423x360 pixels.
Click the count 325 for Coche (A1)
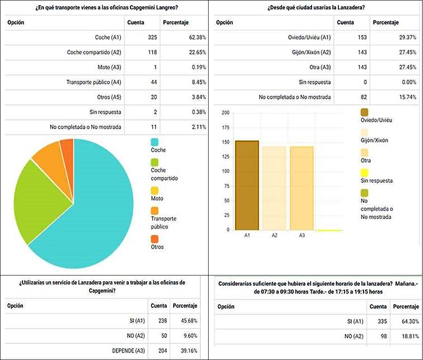tap(152, 37)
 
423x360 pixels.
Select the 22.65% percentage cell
tap(197, 52)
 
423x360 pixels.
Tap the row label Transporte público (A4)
tap(94, 82)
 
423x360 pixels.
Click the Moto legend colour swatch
tap(154, 191)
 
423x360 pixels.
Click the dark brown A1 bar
tap(247, 186)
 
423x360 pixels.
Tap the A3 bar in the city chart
tap(302, 188)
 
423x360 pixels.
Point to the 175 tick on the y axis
tap(226, 127)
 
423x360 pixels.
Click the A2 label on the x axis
tap(274, 235)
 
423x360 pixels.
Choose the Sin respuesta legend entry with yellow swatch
tap(376, 176)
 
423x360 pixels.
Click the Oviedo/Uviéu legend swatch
tap(364, 112)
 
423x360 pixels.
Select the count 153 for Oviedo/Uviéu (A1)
tap(362, 37)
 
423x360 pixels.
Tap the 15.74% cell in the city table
tap(408, 97)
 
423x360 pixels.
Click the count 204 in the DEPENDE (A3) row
tap(162, 351)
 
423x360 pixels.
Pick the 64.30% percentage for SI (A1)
tap(410, 321)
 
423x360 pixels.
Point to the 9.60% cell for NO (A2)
tap(190, 336)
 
